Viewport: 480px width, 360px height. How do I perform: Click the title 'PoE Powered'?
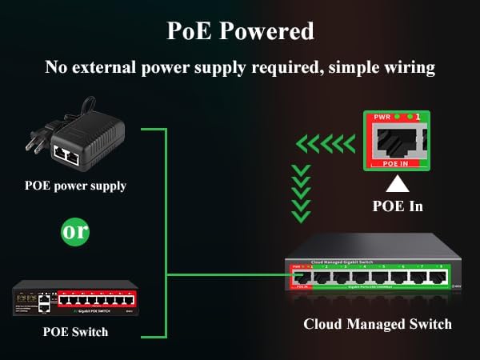click(240, 31)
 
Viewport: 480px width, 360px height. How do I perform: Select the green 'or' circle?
click(74, 231)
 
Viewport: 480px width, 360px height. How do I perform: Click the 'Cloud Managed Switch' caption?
click(378, 324)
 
